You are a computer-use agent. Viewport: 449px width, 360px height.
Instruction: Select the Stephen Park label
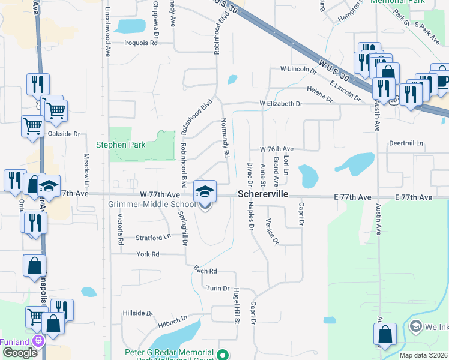121,145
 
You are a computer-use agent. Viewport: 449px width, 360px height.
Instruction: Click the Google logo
20,352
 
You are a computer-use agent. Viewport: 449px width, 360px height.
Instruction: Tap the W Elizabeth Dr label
281,103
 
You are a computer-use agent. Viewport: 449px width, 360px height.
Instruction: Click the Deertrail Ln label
406,144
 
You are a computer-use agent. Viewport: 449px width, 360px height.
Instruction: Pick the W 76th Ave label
276,148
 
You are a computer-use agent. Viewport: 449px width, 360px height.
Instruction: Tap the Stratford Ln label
153,237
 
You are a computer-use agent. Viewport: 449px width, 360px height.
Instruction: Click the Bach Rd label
205,271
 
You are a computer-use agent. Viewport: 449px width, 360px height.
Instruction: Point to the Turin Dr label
218,289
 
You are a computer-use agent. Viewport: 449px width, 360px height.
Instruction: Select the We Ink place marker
415,326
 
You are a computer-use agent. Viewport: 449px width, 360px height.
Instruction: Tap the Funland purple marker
39,341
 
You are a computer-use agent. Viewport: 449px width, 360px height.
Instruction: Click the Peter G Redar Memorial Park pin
223,355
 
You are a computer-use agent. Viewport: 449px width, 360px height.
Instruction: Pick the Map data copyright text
424,355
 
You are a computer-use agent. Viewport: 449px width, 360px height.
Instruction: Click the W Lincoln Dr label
298,70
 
